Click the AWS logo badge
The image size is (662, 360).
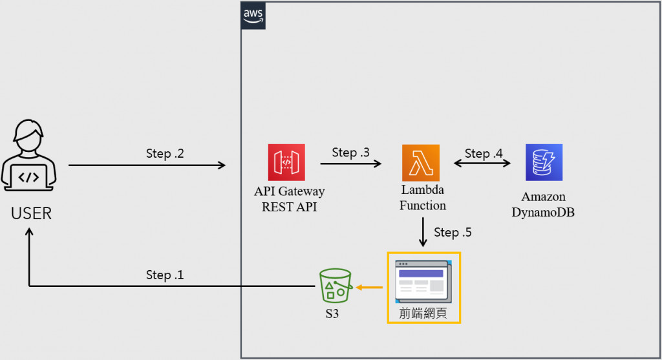(253, 15)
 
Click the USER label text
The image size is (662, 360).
(32, 213)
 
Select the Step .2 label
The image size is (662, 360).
(165, 154)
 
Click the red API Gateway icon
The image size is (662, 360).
(286, 163)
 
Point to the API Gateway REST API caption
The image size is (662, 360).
(290, 199)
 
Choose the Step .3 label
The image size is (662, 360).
(351, 153)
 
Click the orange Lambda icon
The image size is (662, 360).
(420, 163)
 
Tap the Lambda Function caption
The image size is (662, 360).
(423, 198)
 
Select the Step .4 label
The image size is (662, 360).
(484, 153)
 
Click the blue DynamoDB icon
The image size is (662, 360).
(544, 162)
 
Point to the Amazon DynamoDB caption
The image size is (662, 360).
(543, 204)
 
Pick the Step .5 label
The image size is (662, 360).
(453, 232)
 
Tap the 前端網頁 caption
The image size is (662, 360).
(423, 312)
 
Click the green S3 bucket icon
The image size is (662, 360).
(336, 286)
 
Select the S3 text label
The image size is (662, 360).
(332, 315)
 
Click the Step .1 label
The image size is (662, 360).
(165, 275)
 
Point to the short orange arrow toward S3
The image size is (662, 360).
(368, 286)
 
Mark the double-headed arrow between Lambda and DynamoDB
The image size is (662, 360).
(482, 165)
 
